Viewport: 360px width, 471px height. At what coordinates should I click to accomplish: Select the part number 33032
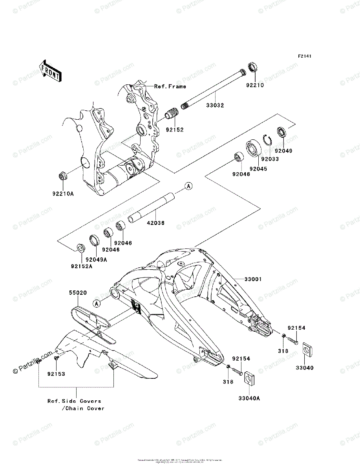point(215,105)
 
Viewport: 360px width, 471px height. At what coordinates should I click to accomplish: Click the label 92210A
point(63,193)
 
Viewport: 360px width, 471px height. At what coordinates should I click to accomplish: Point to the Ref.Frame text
point(170,86)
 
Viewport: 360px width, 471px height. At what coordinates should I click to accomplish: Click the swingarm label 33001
point(253,279)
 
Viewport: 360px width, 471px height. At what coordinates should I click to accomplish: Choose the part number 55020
point(78,292)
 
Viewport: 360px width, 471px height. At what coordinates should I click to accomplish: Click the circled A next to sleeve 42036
point(188,186)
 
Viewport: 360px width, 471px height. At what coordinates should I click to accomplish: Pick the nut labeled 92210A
point(62,176)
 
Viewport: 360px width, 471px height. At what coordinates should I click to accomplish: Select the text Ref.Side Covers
point(74,401)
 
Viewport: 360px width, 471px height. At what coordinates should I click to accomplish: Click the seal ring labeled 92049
point(282,132)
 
